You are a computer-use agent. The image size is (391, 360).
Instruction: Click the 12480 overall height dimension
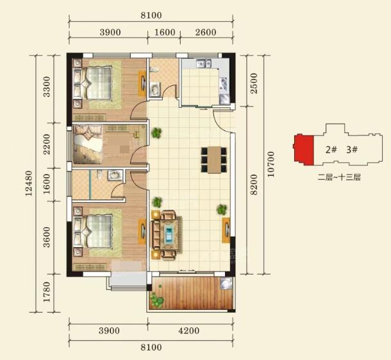pos(29,183)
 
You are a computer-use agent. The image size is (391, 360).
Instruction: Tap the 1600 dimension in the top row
pos(165,32)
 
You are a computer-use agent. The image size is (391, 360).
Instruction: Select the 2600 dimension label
pos(206,32)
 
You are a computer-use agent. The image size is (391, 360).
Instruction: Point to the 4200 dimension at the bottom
pos(189,330)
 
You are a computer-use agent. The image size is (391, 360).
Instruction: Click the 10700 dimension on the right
pos(270,164)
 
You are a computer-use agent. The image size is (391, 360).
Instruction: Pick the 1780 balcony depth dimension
pos(47,292)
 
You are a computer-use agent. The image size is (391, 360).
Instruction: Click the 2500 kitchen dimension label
pos(254,83)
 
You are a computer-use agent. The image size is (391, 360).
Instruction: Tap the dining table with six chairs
pos(214,160)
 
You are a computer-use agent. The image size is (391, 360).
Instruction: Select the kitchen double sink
pos(204,63)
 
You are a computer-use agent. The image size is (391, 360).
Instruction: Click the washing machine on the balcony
pos(226,284)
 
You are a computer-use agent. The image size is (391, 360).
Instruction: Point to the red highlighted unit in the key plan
pos(303,150)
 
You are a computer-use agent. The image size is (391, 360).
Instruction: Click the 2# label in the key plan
pos(331,150)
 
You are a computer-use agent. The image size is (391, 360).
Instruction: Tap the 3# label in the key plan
pos(352,150)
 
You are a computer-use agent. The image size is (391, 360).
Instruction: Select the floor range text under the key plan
pos(339,177)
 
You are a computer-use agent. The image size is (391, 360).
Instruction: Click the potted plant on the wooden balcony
pos(156,300)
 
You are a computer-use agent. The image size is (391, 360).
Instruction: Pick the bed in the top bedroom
pos(92,83)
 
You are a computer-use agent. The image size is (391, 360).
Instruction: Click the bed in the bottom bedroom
pos(93,232)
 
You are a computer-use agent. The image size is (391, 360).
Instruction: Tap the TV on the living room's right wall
pos(226,230)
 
